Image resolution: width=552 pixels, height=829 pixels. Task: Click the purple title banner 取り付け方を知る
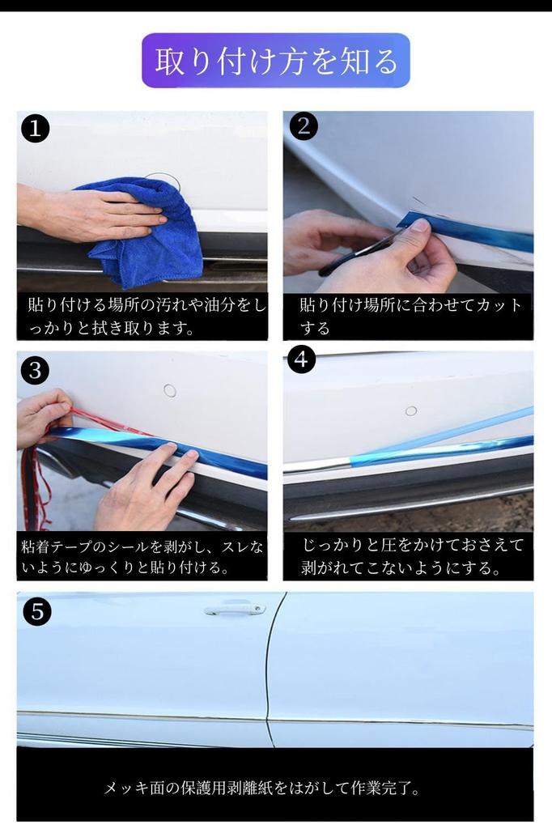(x=275, y=60)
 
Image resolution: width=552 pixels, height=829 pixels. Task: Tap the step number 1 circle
(x=36, y=129)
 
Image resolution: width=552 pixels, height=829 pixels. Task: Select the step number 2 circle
(x=304, y=125)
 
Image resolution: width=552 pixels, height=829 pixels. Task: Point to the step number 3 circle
(x=36, y=370)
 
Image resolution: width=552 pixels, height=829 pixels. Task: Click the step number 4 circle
(x=301, y=359)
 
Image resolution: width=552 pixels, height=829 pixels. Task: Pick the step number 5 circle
(x=37, y=612)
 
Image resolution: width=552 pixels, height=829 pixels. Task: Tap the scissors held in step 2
(x=359, y=253)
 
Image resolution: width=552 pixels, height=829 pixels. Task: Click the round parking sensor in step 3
(x=170, y=391)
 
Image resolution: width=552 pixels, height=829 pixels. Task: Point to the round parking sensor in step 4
(x=411, y=410)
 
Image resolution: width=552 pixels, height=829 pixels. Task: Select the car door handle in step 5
(x=235, y=610)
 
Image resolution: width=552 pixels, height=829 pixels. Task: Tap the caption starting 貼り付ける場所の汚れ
(x=142, y=317)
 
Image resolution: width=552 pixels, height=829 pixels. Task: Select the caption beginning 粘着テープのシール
(x=142, y=557)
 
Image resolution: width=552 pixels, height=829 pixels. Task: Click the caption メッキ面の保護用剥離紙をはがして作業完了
(x=261, y=789)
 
